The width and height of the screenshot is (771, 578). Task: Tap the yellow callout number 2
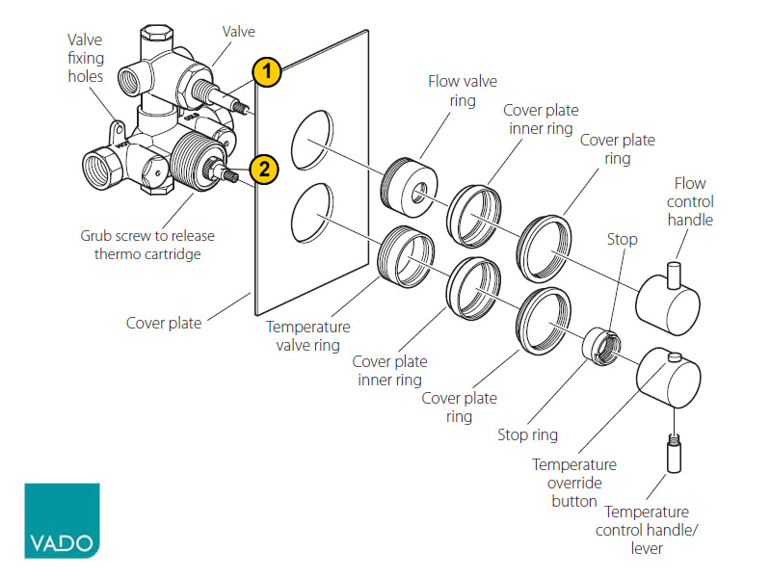click(264, 170)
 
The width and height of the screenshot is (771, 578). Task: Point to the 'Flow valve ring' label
click(451, 91)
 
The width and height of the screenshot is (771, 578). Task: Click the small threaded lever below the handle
click(669, 454)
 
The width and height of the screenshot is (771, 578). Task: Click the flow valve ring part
click(412, 184)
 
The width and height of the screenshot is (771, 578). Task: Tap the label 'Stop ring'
click(527, 434)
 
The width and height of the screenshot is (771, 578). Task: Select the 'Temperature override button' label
click(574, 483)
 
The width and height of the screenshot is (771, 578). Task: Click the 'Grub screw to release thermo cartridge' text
click(147, 245)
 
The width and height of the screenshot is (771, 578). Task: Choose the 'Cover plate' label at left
click(164, 323)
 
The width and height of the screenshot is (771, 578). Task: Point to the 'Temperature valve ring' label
click(308, 336)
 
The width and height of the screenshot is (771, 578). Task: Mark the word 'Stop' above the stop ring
click(622, 239)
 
